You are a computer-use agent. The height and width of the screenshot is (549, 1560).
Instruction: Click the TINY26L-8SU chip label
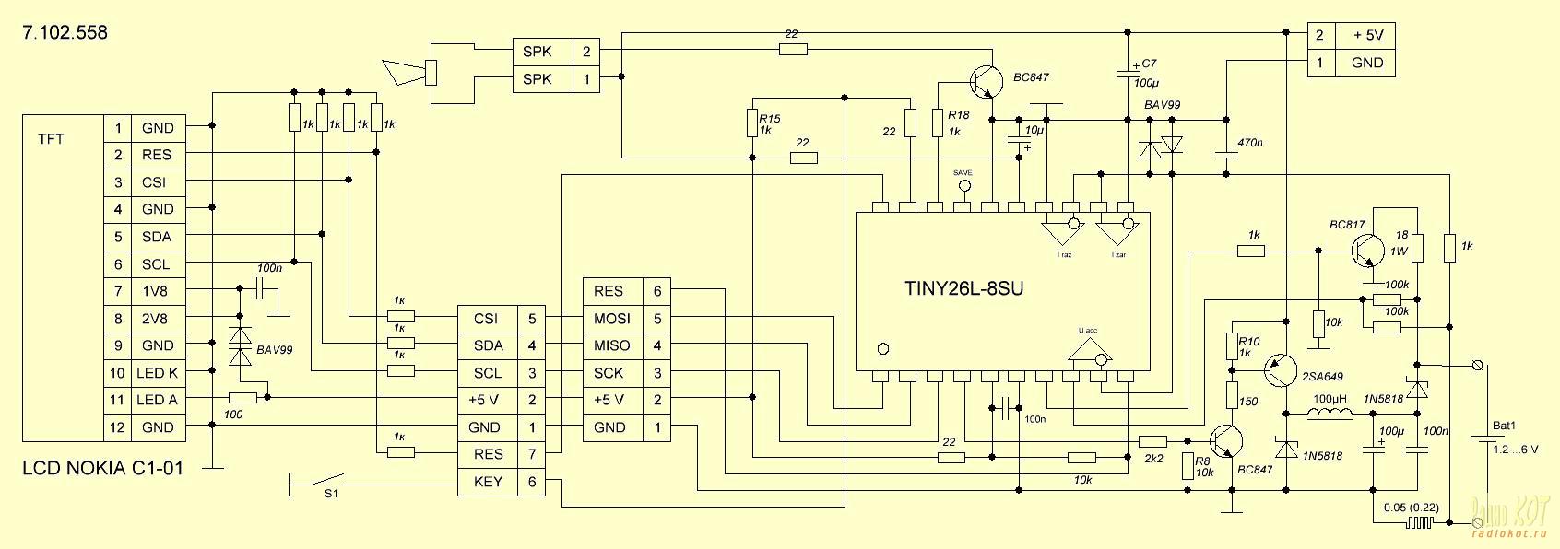[x=963, y=288]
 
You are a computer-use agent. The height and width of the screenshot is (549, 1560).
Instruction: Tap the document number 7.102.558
[x=65, y=33]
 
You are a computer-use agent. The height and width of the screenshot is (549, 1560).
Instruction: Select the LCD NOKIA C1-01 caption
[x=102, y=468]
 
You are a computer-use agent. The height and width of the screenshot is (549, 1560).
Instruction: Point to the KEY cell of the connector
[x=487, y=482]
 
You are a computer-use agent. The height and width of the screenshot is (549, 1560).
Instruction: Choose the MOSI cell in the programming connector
[x=612, y=319]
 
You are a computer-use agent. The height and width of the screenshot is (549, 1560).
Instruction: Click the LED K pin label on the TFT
[x=158, y=373]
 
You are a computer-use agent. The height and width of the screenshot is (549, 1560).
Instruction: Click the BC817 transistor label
[x=1347, y=225]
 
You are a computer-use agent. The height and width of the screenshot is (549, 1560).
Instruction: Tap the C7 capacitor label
[x=1149, y=64]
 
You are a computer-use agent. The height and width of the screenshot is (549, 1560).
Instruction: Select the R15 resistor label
[x=769, y=119]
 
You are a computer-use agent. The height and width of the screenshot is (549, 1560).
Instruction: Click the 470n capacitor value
[x=1249, y=144]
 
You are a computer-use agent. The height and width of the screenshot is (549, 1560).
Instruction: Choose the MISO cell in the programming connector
[x=612, y=345]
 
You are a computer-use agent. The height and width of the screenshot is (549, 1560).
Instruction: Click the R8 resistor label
[x=1201, y=462]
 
